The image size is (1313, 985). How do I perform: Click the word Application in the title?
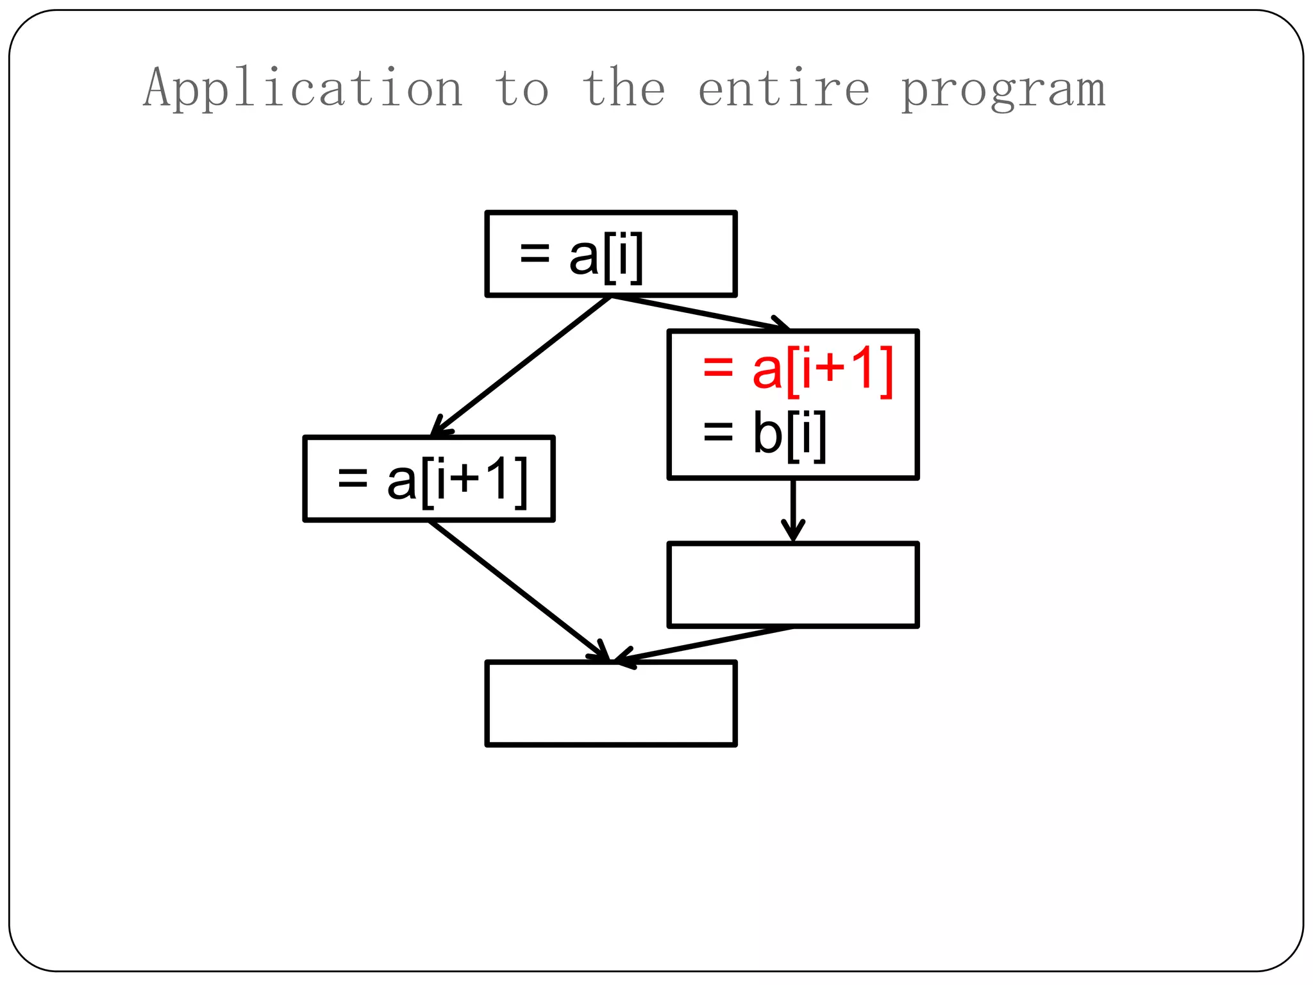[x=303, y=88]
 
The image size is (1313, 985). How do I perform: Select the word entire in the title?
[x=783, y=88]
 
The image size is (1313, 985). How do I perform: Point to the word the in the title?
[x=624, y=88]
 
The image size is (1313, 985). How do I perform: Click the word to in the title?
[x=521, y=88]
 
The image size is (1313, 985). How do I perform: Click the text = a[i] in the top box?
[x=581, y=255]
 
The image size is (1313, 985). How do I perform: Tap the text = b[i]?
[x=764, y=434]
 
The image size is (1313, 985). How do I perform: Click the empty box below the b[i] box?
[x=793, y=585]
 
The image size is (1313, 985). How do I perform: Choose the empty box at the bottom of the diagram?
[x=611, y=703]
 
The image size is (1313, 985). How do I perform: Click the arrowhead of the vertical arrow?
[x=793, y=532]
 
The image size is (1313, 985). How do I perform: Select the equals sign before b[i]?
[x=718, y=432]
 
